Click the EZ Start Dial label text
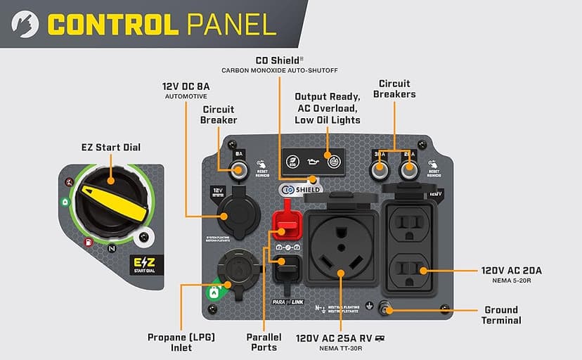(111, 148)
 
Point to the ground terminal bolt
(386, 308)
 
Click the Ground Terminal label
(501, 315)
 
